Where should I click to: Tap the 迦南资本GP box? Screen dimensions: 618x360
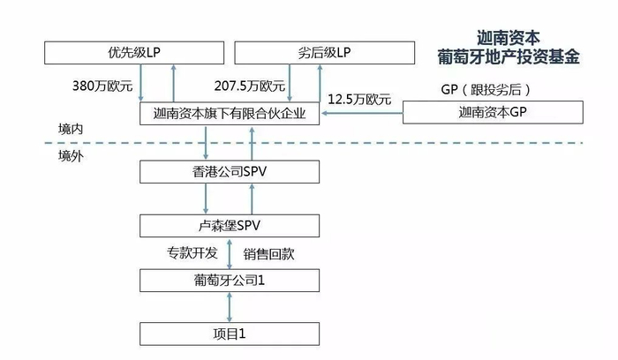(x=493, y=113)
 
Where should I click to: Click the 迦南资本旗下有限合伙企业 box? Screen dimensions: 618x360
(x=230, y=113)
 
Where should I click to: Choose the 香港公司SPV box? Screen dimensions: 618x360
(x=230, y=169)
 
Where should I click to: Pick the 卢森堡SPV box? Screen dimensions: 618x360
(x=230, y=226)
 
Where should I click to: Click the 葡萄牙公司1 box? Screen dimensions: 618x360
(x=230, y=281)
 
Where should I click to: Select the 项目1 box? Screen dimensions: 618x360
(x=230, y=334)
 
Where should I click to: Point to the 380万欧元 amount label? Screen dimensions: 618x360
(x=102, y=86)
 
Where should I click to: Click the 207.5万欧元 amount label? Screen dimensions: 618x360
(x=250, y=86)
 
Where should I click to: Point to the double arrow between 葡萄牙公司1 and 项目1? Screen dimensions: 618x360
(x=230, y=307)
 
